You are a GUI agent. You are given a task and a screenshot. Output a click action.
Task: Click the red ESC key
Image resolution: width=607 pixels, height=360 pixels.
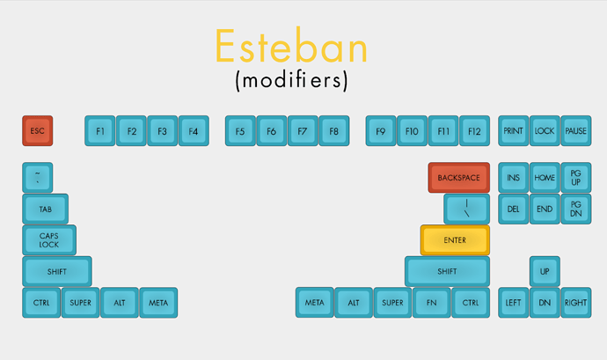point(38,131)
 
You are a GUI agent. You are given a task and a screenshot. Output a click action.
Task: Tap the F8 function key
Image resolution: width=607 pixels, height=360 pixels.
point(334,131)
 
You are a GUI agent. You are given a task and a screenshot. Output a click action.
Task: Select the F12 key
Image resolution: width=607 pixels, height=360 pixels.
point(475,131)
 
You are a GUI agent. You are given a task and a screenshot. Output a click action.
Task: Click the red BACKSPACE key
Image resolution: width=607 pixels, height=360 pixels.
point(458,178)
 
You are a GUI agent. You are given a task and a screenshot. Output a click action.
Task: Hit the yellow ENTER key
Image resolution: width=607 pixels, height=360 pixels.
point(455,240)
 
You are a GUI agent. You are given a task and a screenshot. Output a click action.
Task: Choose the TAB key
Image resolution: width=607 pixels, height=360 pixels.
point(45,209)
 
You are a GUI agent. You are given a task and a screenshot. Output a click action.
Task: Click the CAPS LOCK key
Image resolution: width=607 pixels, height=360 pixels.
point(49,240)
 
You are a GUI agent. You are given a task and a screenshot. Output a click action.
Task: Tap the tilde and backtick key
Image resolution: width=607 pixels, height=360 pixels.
point(38,178)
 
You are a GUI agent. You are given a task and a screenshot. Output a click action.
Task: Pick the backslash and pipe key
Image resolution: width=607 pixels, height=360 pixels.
point(467,209)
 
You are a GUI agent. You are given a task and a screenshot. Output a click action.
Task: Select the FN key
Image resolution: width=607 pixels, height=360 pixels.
point(432,303)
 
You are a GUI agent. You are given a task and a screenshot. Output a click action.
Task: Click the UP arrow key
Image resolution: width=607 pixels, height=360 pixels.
point(545,271)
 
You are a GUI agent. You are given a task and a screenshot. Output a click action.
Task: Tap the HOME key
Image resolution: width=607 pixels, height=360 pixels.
point(545,178)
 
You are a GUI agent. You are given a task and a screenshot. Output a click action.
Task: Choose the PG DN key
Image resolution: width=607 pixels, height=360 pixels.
point(576,209)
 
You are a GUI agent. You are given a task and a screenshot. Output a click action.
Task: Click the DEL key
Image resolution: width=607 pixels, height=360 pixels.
point(514,209)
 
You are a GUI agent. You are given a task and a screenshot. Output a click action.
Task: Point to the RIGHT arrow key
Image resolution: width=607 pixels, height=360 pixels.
point(576,303)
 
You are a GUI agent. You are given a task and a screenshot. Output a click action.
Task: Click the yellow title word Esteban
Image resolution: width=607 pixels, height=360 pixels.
point(291,46)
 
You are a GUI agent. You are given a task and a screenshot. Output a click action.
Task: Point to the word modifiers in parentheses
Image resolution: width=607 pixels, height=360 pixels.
point(292,81)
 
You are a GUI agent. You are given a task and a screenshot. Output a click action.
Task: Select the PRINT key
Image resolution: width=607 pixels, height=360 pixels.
point(514,131)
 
